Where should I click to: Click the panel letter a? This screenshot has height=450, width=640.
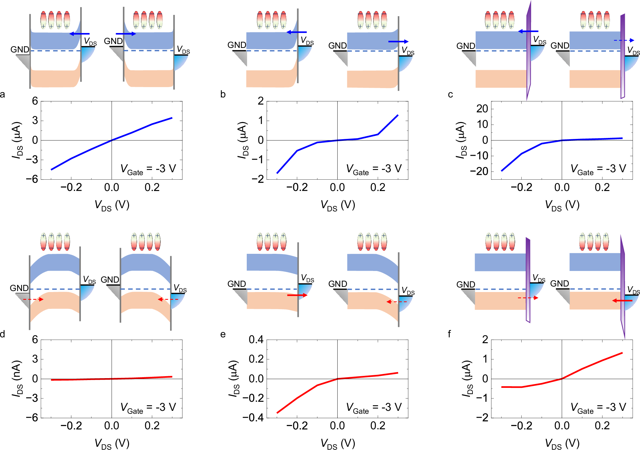point(3,95)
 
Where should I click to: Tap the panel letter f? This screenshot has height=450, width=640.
point(449,334)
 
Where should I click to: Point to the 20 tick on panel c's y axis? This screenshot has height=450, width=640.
point(482,109)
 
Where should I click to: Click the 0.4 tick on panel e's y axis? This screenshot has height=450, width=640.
point(256,340)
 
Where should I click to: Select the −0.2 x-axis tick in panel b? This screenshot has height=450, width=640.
point(297,187)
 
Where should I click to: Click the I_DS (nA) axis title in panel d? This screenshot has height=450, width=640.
point(17,379)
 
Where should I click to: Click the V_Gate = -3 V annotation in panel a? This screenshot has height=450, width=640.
point(148,169)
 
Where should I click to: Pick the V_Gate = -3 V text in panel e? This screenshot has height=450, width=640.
point(374,408)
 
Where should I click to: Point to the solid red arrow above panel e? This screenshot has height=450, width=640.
point(297,295)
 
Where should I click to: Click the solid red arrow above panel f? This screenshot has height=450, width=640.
point(622,301)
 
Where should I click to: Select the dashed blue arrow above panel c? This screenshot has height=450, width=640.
point(624,40)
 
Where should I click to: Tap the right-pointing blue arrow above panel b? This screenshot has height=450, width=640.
point(398,41)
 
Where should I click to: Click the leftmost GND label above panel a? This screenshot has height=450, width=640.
point(20,50)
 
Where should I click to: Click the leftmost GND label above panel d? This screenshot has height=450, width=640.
point(19,288)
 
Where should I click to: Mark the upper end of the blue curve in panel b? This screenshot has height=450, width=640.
point(397,115)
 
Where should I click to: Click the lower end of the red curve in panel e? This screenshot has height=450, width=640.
point(277,413)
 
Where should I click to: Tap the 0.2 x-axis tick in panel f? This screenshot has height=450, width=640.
point(602,426)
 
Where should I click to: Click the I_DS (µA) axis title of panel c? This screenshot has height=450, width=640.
point(461,140)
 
